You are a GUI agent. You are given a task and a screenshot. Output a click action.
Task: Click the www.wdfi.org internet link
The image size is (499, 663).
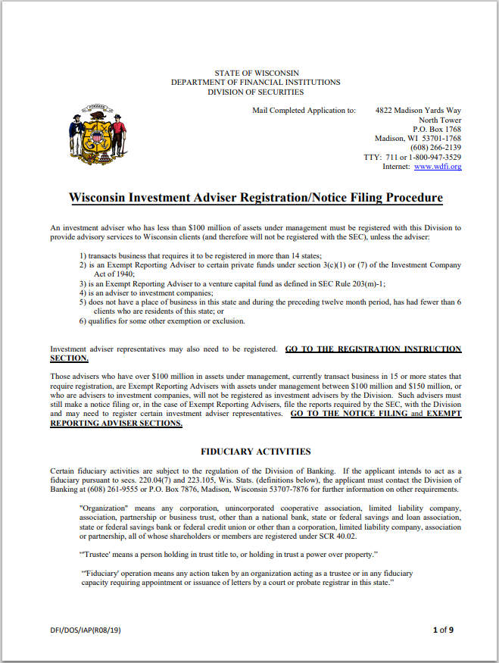(437, 167)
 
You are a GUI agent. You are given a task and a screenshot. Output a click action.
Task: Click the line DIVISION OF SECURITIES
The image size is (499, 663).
(256, 92)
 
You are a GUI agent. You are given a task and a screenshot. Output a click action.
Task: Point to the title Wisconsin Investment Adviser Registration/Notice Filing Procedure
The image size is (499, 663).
(256, 198)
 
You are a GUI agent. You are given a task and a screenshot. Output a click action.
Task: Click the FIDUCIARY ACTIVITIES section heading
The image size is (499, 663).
(255, 452)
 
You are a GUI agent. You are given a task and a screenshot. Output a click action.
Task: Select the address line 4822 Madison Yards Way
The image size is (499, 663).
(418, 111)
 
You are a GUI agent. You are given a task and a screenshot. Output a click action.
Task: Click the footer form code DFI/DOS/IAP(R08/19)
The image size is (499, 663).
(84, 630)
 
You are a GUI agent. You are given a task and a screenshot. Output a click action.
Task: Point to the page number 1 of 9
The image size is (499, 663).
(443, 630)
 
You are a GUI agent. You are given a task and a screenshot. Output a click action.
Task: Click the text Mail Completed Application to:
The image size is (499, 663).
(304, 111)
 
